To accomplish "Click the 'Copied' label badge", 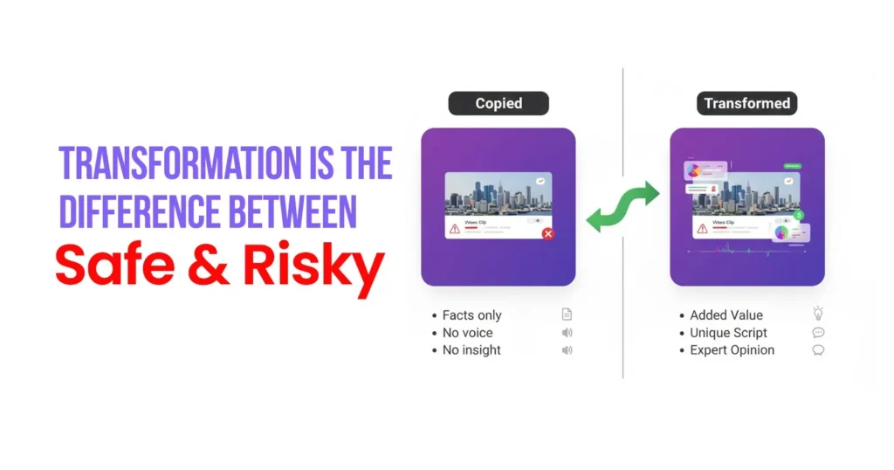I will coord(499,103).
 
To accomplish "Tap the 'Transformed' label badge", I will coord(746,103).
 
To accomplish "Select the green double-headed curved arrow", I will coord(622,206).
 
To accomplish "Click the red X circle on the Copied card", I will coord(547,233).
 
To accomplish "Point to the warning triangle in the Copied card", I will coord(455,229).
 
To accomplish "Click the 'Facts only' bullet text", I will coord(471,315).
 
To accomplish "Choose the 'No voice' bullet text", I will coord(467,333).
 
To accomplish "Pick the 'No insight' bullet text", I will coord(471,350).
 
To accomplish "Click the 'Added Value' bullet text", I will coord(726,315).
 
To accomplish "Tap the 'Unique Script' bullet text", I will coord(728,333).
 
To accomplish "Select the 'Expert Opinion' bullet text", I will coord(732,350).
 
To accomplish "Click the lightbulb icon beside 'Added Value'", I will coord(818,314).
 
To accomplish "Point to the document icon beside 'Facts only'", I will coord(567,314).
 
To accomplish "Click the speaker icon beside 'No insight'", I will coord(567,350).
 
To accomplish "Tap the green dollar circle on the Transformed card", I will coord(800,215).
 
